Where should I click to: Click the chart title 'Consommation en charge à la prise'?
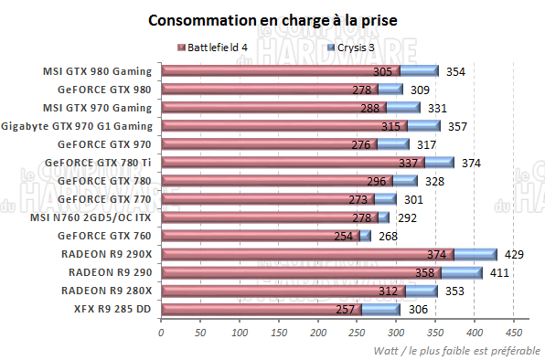272,20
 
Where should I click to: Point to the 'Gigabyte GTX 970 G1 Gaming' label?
78,126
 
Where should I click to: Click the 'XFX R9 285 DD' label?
112,309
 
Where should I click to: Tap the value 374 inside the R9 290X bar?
439,254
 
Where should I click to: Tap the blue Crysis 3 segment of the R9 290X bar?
476,254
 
